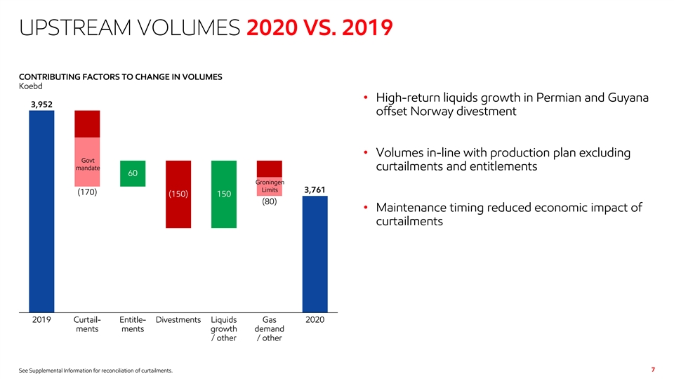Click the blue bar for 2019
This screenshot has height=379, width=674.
tap(41, 211)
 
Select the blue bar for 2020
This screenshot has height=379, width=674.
tap(315, 253)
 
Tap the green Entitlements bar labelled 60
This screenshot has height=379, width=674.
tap(133, 173)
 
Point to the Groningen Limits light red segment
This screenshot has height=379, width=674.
tap(270, 186)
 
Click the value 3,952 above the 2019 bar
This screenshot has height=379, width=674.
tap(41, 104)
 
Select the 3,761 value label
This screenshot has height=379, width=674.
tap(315, 189)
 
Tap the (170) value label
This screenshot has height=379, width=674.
tap(87, 192)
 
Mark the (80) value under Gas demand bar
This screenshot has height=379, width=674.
tap(270, 202)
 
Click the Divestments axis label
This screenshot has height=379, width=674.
tap(178, 320)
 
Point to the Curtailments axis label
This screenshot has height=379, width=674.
tap(87, 324)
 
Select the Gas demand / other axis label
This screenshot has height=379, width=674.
tap(270, 328)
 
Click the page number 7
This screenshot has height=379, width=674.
tap(653, 369)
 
